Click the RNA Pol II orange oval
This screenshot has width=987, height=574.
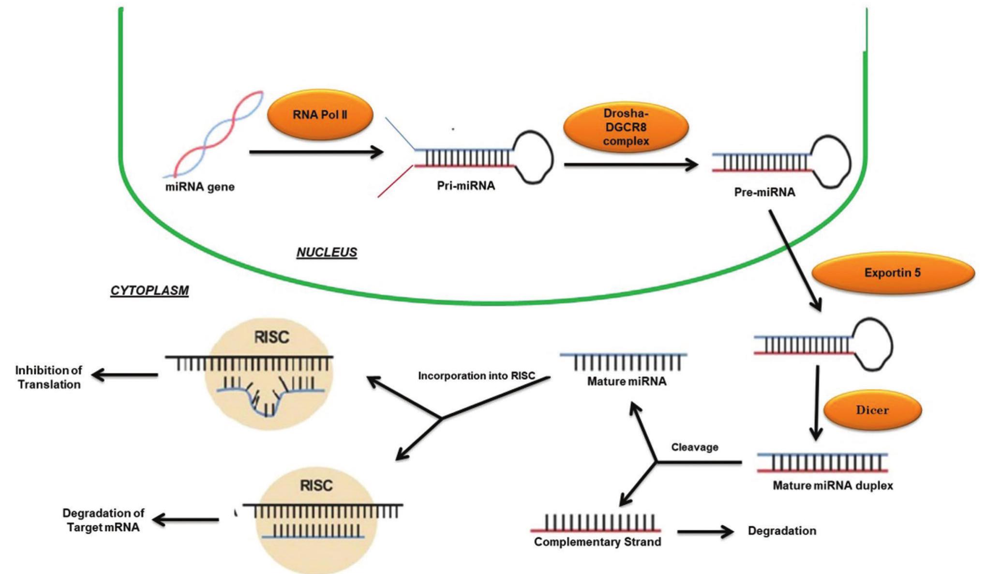click(320, 115)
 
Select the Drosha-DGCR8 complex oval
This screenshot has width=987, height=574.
click(626, 127)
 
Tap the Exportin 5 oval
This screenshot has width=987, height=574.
click(893, 272)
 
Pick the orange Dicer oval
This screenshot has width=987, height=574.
click(872, 410)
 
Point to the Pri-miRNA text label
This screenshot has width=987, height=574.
click(466, 186)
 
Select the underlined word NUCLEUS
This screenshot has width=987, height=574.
click(327, 252)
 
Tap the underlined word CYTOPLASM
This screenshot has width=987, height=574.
click(150, 290)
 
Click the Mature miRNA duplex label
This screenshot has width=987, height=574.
click(833, 485)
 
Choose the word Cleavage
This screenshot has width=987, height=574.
click(694, 447)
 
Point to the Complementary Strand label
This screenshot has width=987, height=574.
click(598, 542)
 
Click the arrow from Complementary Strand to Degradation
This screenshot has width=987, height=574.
click(705, 532)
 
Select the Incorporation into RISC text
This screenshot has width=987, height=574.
click(477, 376)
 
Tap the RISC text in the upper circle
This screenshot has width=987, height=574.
click(271, 337)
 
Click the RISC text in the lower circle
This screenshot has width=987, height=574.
click(316, 485)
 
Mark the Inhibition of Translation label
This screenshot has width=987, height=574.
click(48, 378)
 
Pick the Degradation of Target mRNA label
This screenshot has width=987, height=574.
click(103, 520)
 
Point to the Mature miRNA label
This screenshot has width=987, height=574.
click(627, 381)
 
